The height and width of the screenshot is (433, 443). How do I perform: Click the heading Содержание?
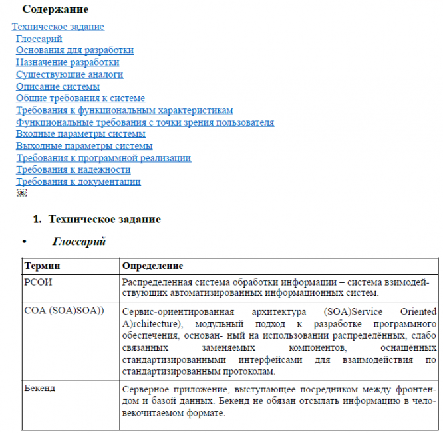(x=55, y=10)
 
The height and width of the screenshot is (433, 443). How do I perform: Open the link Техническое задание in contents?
(x=58, y=27)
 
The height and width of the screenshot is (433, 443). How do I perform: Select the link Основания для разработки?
(x=74, y=50)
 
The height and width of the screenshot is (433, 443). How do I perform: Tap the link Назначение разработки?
(x=68, y=62)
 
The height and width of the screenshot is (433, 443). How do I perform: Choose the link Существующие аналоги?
(x=69, y=74)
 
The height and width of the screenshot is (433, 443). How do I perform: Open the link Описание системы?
(x=58, y=86)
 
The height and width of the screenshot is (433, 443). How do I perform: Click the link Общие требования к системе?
(x=80, y=98)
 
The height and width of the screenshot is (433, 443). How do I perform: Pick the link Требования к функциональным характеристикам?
(x=124, y=110)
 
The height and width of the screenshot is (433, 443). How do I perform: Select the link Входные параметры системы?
(x=80, y=134)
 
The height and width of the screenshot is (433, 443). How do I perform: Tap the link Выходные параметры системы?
(x=84, y=146)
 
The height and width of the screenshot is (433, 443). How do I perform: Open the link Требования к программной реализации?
(x=103, y=158)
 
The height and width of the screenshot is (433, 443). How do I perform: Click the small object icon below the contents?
(x=21, y=193)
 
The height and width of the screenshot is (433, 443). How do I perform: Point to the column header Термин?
(x=42, y=266)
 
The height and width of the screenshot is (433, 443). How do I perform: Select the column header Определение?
(x=152, y=266)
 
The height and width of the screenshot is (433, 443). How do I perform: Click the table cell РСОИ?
(x=38, y=282)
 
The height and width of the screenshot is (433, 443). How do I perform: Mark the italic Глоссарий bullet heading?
(x=78, y=242)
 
